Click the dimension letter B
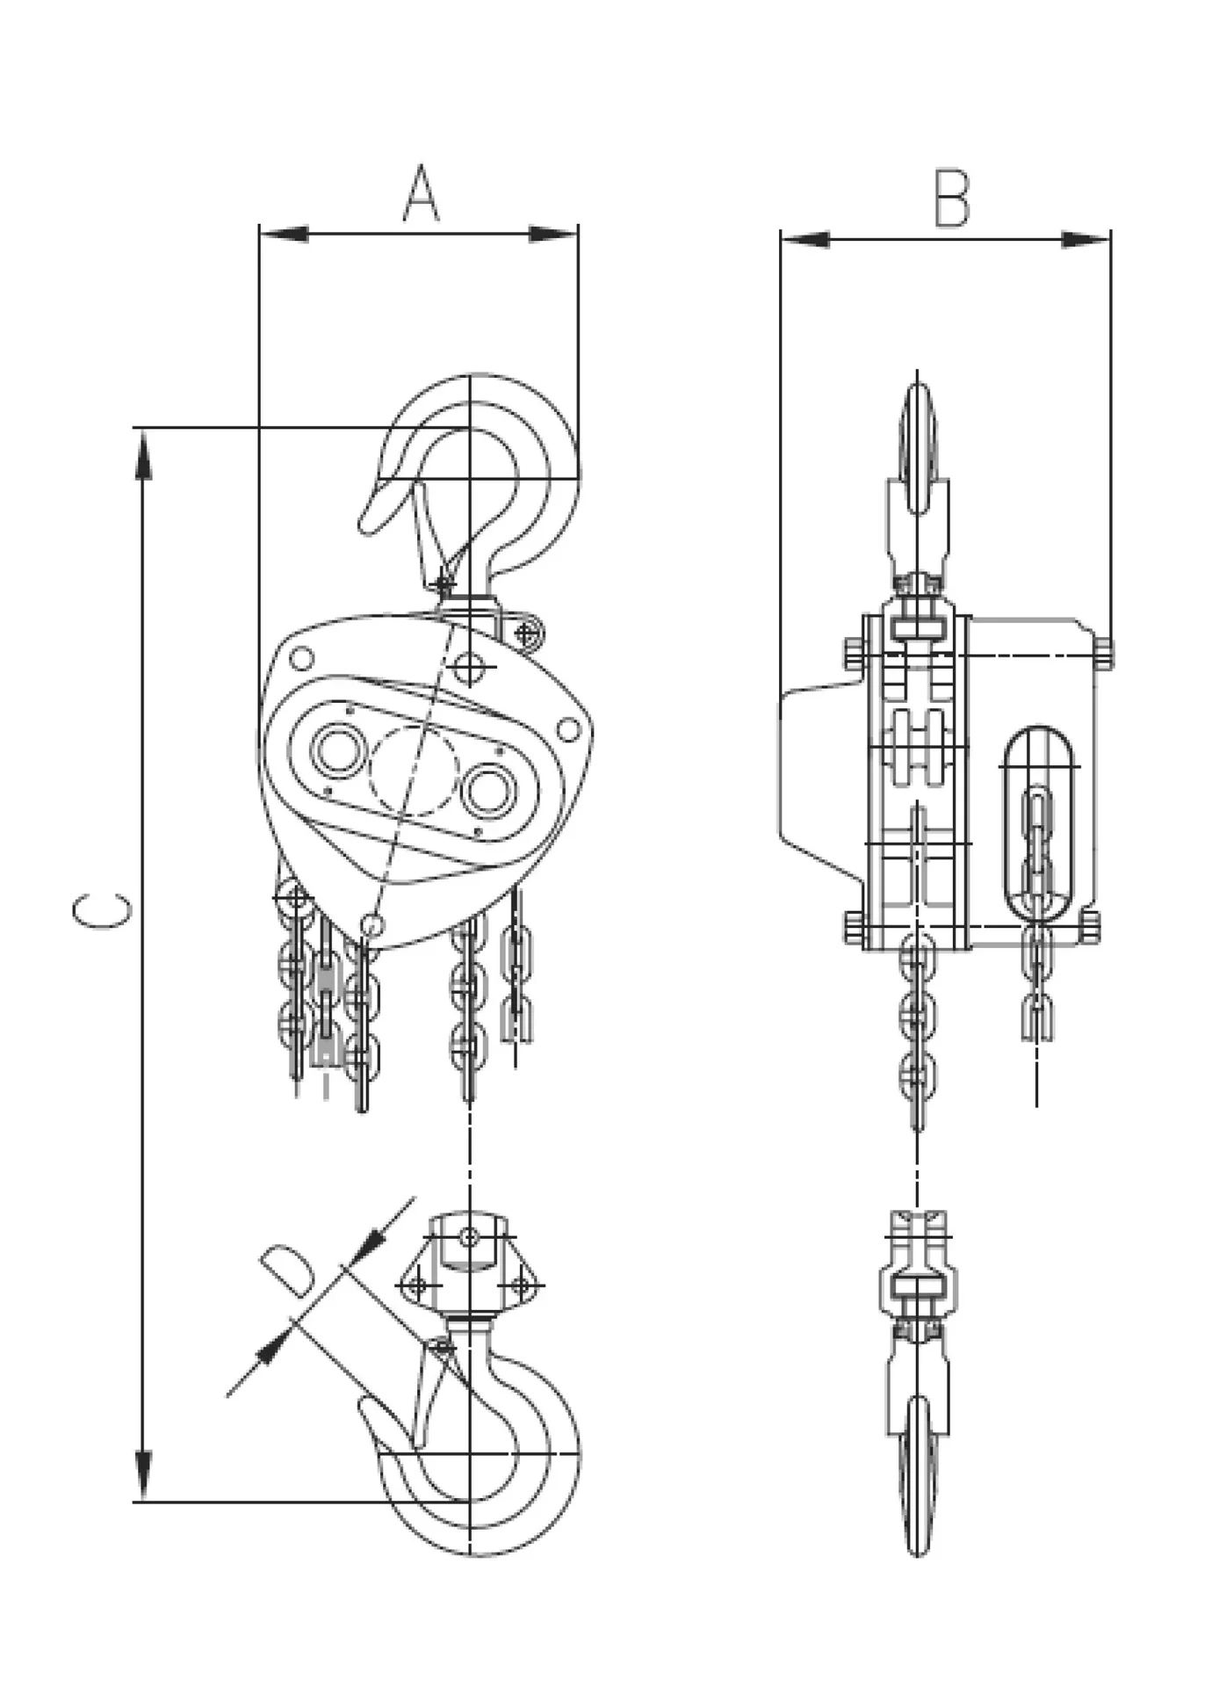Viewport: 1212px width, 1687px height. [951, 199]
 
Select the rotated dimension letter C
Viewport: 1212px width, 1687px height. [103, 911]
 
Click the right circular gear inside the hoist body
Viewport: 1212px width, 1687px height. [488, 788]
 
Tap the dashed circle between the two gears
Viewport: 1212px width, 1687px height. [414, 771]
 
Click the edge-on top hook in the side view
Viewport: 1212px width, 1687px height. [918, 457]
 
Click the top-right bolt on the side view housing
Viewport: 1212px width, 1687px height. [1104, 653]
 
